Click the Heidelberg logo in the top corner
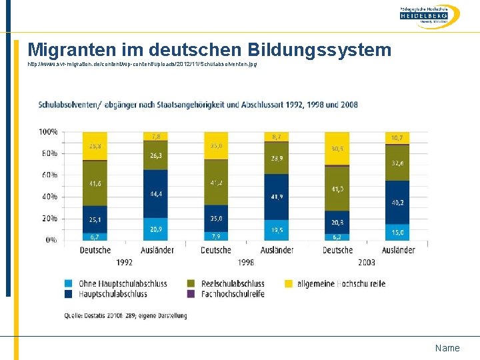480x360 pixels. (430, 16)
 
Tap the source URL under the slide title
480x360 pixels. (142, 64)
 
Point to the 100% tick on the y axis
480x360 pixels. (47, 132)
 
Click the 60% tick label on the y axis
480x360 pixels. (49, 175)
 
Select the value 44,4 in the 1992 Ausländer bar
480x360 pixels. (155, 194)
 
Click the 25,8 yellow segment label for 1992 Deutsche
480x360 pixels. (94, 145)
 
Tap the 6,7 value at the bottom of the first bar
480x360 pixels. (94, 236)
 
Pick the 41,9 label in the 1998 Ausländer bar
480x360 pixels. (276, 197)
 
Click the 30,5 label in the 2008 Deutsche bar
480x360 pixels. (337, 149)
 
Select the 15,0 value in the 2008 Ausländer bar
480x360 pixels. (397, 232)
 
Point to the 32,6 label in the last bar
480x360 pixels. (397, 163)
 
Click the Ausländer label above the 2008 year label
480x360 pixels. (398, 250)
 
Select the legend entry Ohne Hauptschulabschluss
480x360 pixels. (122, 283)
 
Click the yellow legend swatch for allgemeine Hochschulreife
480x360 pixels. (289, 283)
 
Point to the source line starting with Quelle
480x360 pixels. (125, 315)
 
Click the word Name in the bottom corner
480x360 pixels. (447, 348)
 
